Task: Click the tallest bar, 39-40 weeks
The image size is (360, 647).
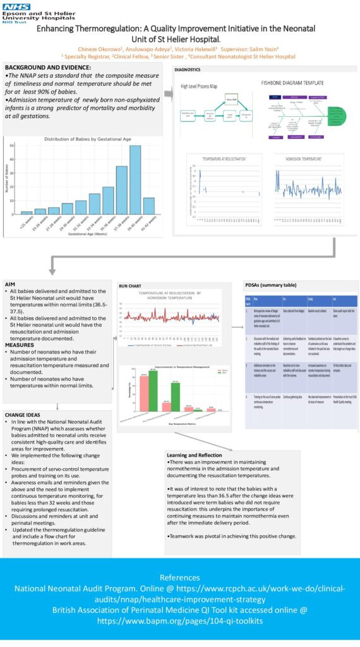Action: pyautogui.click(x=135, y=180)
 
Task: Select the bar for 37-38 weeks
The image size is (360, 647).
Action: pyautogui.click(x=121, y=190)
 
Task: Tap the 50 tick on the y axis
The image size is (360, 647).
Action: pyautogui.click(x=12, y=146)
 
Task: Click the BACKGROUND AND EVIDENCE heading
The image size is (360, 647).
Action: pyautogui.click(x=48, y=68)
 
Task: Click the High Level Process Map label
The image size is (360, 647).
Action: pyautogui.click(x=204, y=86)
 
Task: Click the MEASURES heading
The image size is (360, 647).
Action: pyautogui.click(x=20, y=345)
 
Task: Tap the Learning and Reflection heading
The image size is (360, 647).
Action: pyautogui.click(x=195, y=455)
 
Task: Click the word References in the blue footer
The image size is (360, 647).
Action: pyautogui.click(x=179, y=577)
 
